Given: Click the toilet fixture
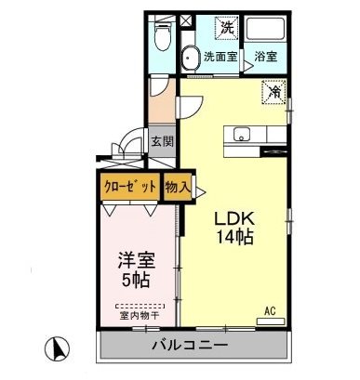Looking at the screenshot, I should tap(163, 37).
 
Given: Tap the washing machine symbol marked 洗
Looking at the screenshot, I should tap(227, 29).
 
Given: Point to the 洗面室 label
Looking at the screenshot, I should tap(221, 57).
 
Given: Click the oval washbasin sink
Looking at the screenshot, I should tap(191, 55).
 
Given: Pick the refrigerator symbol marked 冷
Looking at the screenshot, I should tap(274, 92).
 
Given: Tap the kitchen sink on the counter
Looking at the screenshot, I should tap(244, 132).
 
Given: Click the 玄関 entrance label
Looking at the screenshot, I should tap(162, 142).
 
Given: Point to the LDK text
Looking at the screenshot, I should tap(234, 217).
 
